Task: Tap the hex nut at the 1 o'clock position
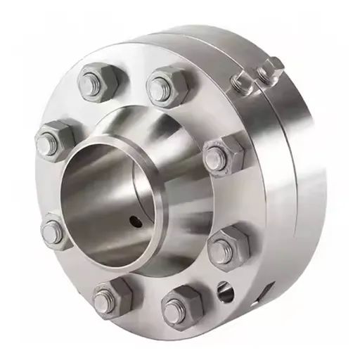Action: point(169,86)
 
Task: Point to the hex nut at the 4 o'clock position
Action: point(229,246)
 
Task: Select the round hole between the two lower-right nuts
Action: point(224,289)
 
